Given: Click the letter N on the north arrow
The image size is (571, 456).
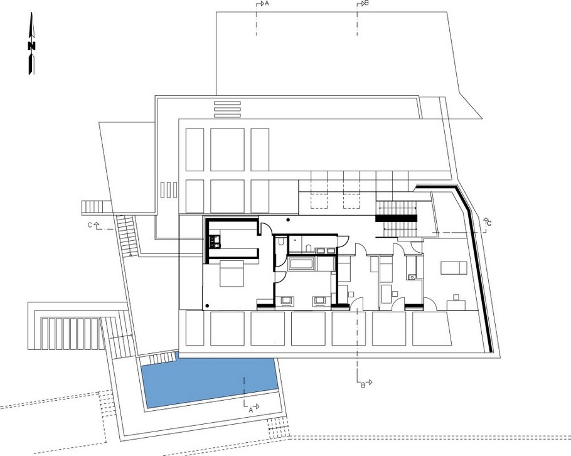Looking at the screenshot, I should (31, 46).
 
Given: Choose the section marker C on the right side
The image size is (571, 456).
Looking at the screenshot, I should (488, 222).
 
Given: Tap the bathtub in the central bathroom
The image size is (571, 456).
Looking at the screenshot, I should (301, 263).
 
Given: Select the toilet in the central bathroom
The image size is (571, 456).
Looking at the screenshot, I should (282, 241).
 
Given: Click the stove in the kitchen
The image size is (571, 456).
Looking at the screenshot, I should (213, 240).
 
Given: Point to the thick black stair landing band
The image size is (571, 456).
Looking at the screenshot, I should (397, 218).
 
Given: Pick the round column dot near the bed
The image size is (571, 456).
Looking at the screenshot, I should (206, 305).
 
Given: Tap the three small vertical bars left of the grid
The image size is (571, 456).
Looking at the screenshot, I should (167, 189).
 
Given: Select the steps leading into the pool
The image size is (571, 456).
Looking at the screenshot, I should (156, 359).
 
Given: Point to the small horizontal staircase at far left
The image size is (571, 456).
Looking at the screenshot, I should (94, 206).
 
